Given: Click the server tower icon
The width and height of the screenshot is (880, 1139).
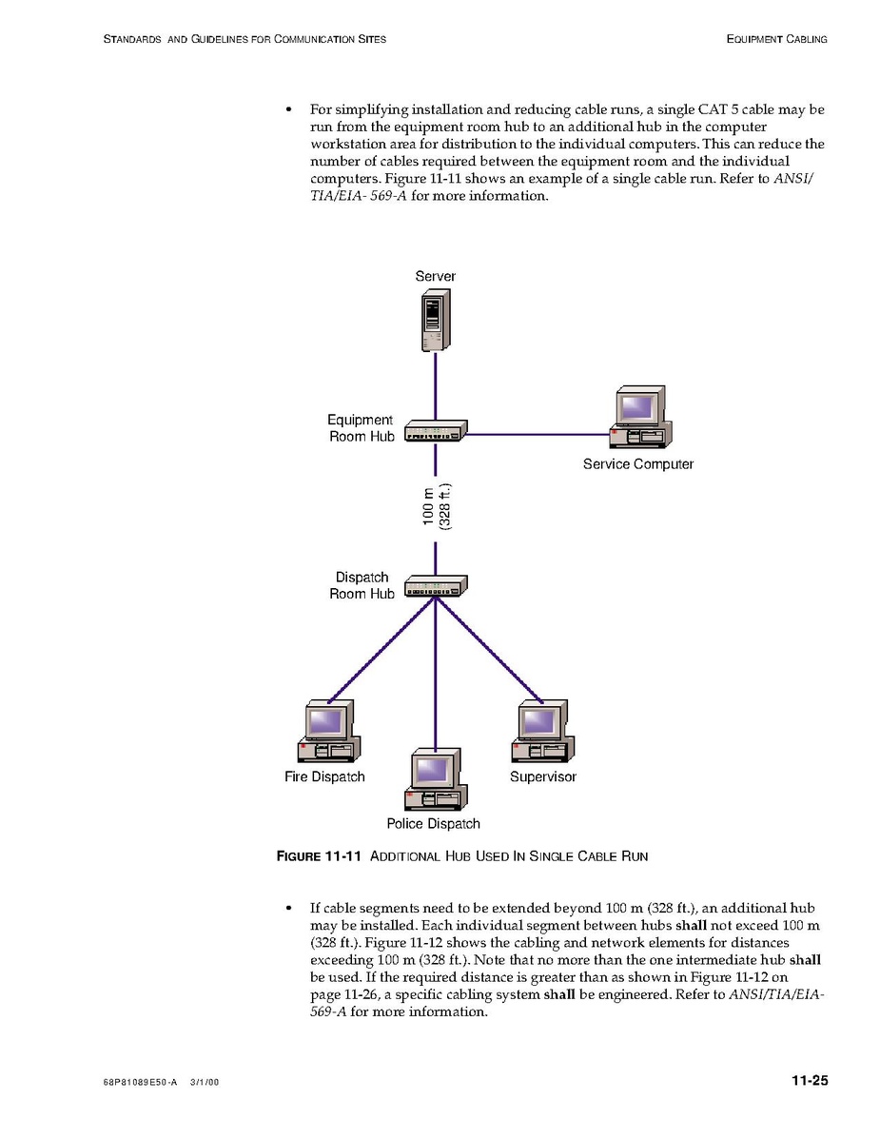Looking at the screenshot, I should click(x=435, y=321).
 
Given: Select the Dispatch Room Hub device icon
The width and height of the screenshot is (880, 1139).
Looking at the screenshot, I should click(x=436, y=586).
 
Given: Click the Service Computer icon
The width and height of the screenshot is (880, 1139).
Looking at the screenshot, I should click(x=639, y=417).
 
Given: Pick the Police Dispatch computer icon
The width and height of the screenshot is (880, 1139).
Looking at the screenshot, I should click(x=435, y=779).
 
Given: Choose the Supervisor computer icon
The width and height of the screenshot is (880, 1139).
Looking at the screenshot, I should click(x=542, y=732).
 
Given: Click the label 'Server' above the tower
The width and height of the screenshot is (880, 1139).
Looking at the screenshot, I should click(x=435, y=276).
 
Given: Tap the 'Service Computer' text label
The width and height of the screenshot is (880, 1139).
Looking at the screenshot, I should click(x=637, y=464).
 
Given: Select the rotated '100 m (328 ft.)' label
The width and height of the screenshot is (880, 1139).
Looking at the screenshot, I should click(x=436, y=505).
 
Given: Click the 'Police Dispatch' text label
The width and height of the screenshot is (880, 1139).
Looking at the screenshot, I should click(x=433, y=824).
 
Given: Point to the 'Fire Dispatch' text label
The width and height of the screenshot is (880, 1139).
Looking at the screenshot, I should click(x=324, y=776).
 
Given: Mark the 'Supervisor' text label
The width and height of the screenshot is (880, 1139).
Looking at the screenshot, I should click(x=542, y=776).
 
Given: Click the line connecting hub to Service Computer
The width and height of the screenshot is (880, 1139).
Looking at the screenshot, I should click(x=538, y=435).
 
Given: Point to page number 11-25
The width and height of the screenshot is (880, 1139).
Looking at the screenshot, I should click(x=809, y=1080).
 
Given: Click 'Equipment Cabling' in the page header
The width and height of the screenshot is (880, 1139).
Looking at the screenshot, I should click(x=776, y=39).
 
